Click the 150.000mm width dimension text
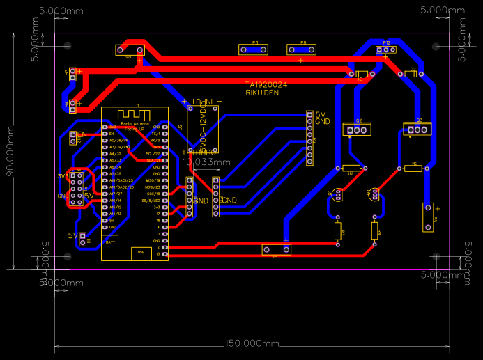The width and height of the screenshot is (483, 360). (x=252, y=344)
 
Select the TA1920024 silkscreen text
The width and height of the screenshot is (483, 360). (x=266, y=84)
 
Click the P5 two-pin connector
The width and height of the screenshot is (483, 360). (x=428, y=217)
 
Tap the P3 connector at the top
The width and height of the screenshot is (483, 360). (x=254, y=49)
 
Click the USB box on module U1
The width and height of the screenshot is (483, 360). (x=141, y=251)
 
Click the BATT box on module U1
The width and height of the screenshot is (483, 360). (x=110, y=242)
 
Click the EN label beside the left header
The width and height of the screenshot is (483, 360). (x=82, y=134)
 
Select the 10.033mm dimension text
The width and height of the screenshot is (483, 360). (x=206, y=162)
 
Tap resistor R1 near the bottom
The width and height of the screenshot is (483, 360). (x=339, y=230)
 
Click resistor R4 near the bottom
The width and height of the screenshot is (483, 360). (x=375, y=230)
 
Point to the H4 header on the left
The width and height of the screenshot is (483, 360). (x=72, y=105)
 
